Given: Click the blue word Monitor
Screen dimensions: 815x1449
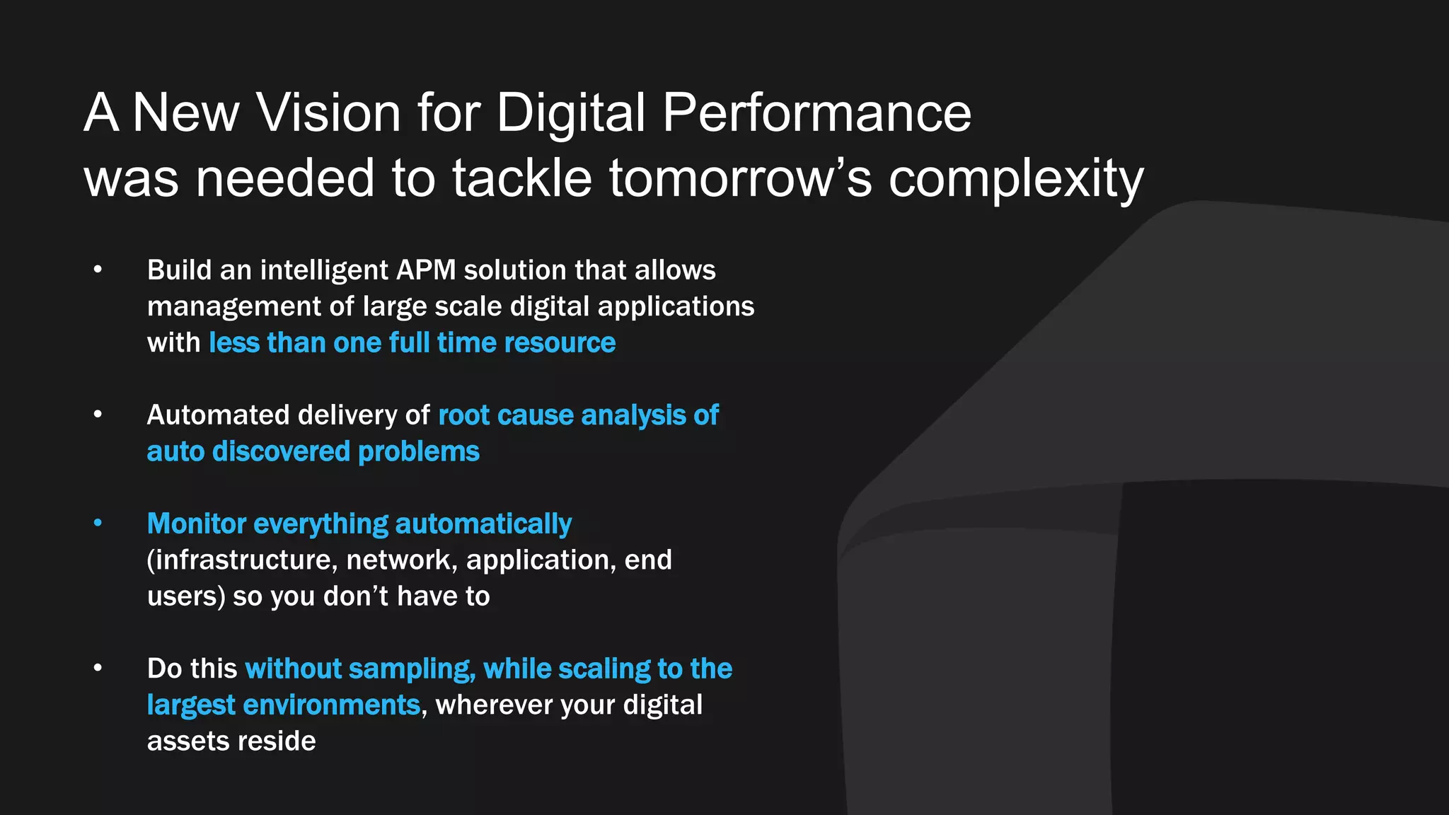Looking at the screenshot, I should (197, 524).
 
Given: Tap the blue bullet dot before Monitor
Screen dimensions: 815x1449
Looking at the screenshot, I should (98, 524).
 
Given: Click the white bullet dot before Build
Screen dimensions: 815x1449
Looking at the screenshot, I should (98, 270).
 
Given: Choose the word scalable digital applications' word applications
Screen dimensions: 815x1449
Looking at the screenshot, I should (676, 307).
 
